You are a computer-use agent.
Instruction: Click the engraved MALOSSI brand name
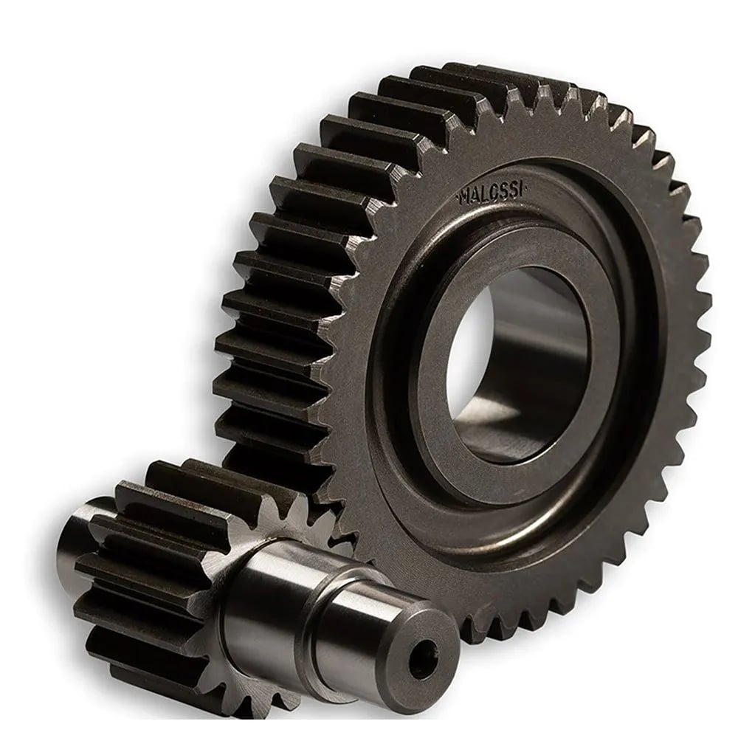(492, 192)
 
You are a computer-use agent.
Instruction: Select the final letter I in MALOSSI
(522, 189)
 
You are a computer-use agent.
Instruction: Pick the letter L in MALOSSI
(484, 193)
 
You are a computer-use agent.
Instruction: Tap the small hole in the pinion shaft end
(423, 655)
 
